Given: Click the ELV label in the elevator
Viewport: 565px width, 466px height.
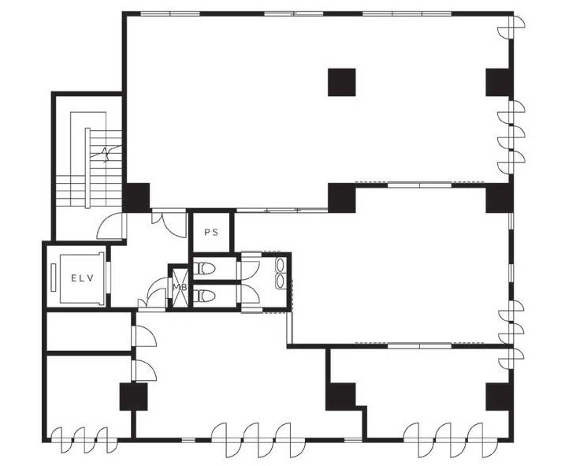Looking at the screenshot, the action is [82, 278].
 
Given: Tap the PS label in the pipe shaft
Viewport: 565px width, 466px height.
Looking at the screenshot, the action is [211, 233].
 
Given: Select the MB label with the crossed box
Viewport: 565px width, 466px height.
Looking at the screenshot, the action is [180, 287].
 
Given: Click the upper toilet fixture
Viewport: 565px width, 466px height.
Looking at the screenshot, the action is [204, 268].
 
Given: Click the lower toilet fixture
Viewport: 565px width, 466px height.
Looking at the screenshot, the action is [204, 296].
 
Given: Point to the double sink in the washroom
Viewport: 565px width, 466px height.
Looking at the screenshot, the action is [280, 273].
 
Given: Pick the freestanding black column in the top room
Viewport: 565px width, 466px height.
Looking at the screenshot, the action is [341, 82].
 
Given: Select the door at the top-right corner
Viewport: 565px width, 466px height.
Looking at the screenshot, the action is [511, 26].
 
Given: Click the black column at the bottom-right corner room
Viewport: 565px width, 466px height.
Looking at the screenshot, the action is [499, 397].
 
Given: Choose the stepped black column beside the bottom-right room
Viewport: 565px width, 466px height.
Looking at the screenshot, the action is [343, 397].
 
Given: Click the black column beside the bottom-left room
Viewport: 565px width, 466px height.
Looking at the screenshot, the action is [134, 397].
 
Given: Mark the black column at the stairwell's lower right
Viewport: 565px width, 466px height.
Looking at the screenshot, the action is [136, 197].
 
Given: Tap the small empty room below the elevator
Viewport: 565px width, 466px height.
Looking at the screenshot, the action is [89, 331].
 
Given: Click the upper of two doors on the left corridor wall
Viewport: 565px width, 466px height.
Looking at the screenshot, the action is [144, 336].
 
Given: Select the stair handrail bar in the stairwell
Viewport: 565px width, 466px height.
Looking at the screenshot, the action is [87, 168].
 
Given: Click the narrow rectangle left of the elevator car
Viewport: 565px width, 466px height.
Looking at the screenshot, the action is [54, 278].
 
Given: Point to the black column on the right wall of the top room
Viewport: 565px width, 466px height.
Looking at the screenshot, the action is [499, 82].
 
